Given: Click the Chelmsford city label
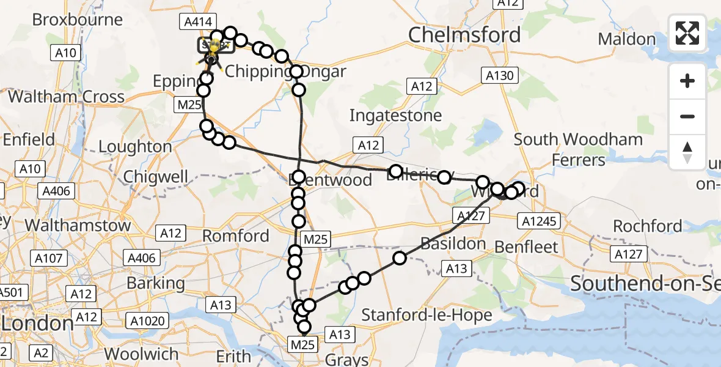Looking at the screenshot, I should [x=464, y=35].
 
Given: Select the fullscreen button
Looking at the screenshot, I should [x=687, y=32].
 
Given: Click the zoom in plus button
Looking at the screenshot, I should [x=687, y=81].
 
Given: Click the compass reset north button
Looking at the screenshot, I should [x=687, y=152].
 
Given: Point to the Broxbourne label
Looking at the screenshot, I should [x=78, y=20].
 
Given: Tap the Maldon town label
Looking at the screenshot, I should [x=626, y=39].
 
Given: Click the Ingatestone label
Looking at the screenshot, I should [x=395, y=115].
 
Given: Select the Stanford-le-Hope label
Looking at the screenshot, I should [x=427, y=315].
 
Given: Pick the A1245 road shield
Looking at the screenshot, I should [x=537, y=221].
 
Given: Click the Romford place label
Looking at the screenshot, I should [x=235, y=235].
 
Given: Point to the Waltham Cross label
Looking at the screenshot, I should [x=66, y=97].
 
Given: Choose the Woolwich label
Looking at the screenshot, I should [x=141, y=354].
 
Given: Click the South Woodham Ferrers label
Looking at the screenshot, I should [x=578, y=149].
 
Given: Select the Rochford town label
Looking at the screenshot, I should [x=647, y=226].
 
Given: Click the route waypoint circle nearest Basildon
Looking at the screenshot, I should [x=400, y=258].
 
